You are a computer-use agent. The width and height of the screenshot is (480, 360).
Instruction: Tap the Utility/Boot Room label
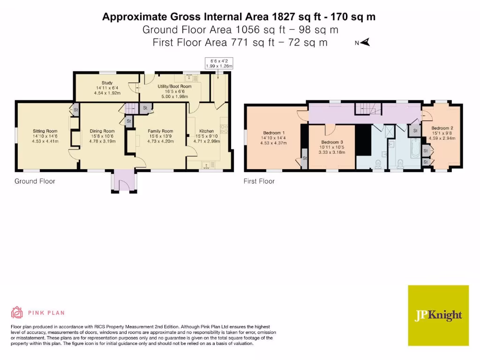pos(174,87)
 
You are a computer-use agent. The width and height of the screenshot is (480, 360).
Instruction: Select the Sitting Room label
pos(45,131)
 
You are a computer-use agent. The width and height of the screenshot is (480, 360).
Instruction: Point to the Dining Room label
pos(102,131)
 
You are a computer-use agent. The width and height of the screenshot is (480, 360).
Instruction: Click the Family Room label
pos(160,131)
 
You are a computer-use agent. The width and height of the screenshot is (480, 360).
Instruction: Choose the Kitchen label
pos(207,131)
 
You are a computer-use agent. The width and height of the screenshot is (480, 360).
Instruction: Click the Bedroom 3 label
pos(332,142)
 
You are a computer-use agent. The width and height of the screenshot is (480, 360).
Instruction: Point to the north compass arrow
pos(365,43)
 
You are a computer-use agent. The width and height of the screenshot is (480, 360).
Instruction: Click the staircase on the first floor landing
pos(368,109)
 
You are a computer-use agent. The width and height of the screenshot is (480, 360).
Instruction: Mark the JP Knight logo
pos(438,315)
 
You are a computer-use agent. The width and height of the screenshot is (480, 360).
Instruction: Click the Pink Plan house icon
pos(17,312)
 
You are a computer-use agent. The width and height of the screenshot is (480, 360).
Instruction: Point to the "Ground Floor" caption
pos(35,181)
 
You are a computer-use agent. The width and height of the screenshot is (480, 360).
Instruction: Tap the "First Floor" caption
pos(259,181)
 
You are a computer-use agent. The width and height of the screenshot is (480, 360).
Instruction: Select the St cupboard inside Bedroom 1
pos(304,158)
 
